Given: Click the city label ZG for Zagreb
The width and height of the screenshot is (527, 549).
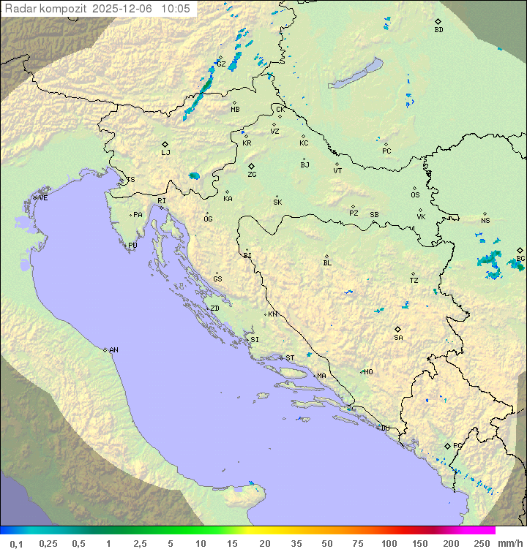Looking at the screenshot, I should [x=252, y=175].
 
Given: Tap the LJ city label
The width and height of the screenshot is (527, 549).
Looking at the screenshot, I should [x=165, y=153].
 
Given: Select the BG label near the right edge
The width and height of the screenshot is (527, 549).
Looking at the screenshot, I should [x=520, y=259].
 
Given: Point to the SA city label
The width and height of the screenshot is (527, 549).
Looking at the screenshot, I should [x=398, y=338].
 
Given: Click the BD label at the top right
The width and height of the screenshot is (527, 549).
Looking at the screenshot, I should [x=438, y=30].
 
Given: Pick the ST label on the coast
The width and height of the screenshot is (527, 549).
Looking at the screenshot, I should [x=290, y=358].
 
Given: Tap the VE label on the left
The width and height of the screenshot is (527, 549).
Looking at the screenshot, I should [x=43, y=198].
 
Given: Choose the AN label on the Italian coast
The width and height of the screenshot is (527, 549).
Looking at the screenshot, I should [x=113, y=350].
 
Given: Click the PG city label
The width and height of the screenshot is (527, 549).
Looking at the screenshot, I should [x=457, y=445].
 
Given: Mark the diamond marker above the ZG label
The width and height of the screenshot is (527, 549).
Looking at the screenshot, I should [x=251, y=166].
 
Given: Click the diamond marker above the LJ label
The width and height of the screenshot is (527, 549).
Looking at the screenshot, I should [x=165, y=144].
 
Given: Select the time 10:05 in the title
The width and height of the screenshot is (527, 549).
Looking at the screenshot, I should [x=175, y=9].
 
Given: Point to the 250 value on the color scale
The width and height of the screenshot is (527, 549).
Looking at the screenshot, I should [x=481, y=543].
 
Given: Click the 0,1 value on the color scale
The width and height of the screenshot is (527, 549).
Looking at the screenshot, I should [x=16, y=543].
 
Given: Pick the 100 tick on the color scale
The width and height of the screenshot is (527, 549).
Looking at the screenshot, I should [x=389, y=543].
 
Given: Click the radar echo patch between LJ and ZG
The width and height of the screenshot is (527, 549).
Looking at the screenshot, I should [x=194, y=175].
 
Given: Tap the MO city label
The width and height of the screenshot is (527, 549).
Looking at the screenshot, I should [x=368, y=372].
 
